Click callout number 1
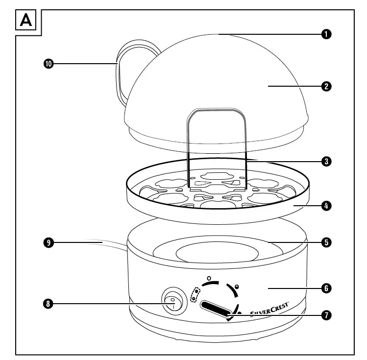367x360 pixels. point(326,34)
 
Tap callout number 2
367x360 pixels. point(326,86)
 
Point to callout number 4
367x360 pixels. point(326,206)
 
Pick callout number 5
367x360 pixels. point(326,241)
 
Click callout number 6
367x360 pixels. point(326,288)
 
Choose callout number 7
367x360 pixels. point(326,315)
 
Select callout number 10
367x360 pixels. point(48,64)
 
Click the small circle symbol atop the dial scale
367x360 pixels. point(209,278)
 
